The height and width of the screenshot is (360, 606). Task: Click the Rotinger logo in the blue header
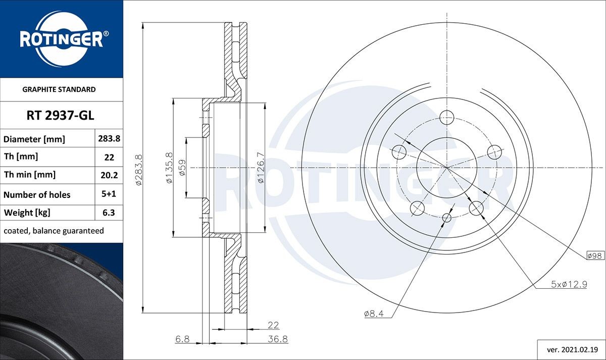pos(62,39)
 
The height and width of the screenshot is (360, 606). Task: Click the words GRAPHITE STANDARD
pos(59,89)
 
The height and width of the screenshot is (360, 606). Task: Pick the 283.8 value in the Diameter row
pos(109,138)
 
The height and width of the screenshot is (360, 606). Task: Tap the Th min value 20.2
pos(109,175)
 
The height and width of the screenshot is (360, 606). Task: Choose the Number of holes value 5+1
pos(109,194)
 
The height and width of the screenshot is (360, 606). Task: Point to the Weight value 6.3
pos(109,213)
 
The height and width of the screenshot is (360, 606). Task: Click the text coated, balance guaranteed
pos(54,231)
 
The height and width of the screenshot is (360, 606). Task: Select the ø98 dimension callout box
pos(595,256)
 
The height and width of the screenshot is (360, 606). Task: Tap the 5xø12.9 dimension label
pos(568,284)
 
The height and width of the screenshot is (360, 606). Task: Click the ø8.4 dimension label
pos(374,314)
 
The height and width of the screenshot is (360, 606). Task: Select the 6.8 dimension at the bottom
pos(182,339)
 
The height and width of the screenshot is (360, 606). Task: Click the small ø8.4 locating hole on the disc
pos(447,218)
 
